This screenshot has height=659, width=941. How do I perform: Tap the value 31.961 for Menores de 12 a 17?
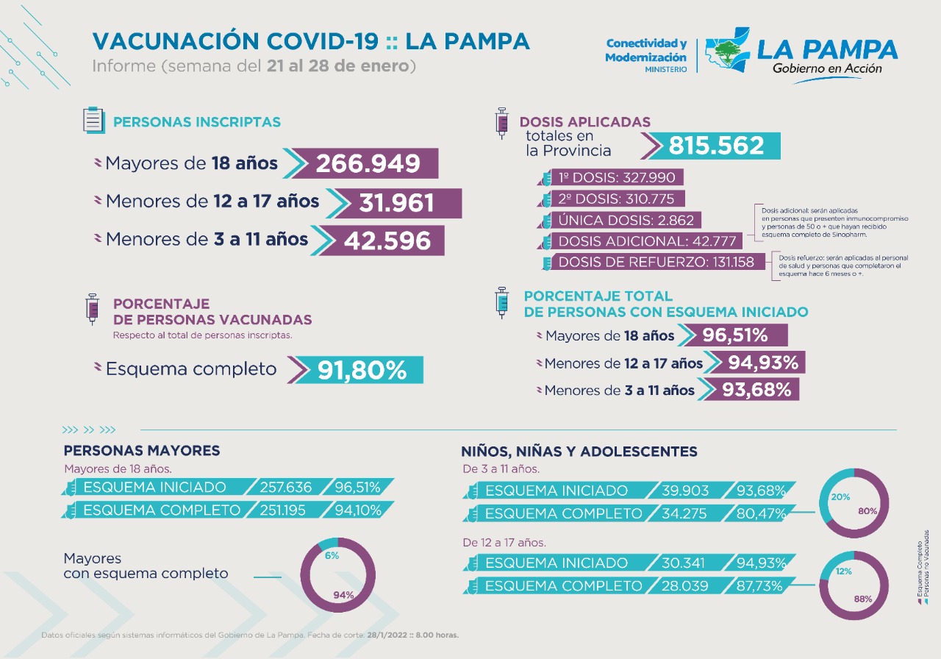pos(397,203)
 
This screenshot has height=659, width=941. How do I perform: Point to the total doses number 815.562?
pos(716,146)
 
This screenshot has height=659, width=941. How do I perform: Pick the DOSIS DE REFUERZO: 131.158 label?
pos(656,262)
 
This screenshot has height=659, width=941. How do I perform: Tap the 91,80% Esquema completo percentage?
pos(362,370)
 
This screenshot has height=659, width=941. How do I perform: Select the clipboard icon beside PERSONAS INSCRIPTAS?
pos(93,120)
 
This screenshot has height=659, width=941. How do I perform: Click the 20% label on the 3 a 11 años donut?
pos(840,497)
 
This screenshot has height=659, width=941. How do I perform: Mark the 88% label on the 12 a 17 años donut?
pos(863,599)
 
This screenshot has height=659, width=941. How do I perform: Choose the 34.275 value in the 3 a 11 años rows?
pos(682,513)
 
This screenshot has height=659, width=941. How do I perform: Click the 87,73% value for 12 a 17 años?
pos(761,585)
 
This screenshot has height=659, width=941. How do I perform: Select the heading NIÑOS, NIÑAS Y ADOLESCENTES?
pos(579,451)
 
